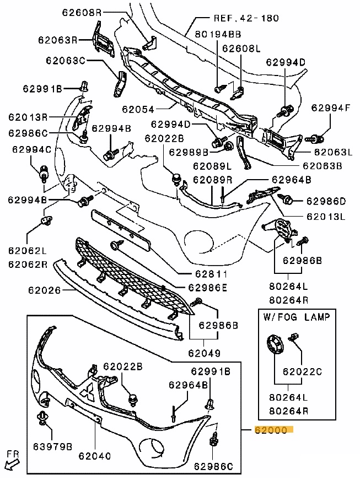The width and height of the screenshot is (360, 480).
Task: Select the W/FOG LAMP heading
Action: click(x=296, y=317)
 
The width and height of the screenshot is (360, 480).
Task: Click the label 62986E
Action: click(x=207, y=287)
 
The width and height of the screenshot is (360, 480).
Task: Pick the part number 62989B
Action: click(x=189, y=152)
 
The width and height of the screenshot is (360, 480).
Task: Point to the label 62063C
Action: click(x=65, y=60)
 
